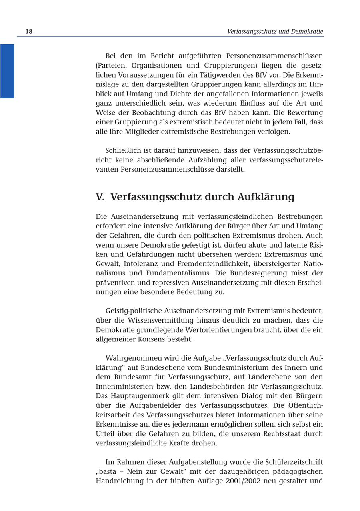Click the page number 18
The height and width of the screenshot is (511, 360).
coord(29,32)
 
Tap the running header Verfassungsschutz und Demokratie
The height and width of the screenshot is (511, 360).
coord(275,32)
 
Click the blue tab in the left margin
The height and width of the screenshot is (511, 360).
coord(7,71)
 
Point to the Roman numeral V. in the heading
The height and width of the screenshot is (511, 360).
coord(100,197)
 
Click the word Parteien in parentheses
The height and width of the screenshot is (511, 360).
coord(112,65)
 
